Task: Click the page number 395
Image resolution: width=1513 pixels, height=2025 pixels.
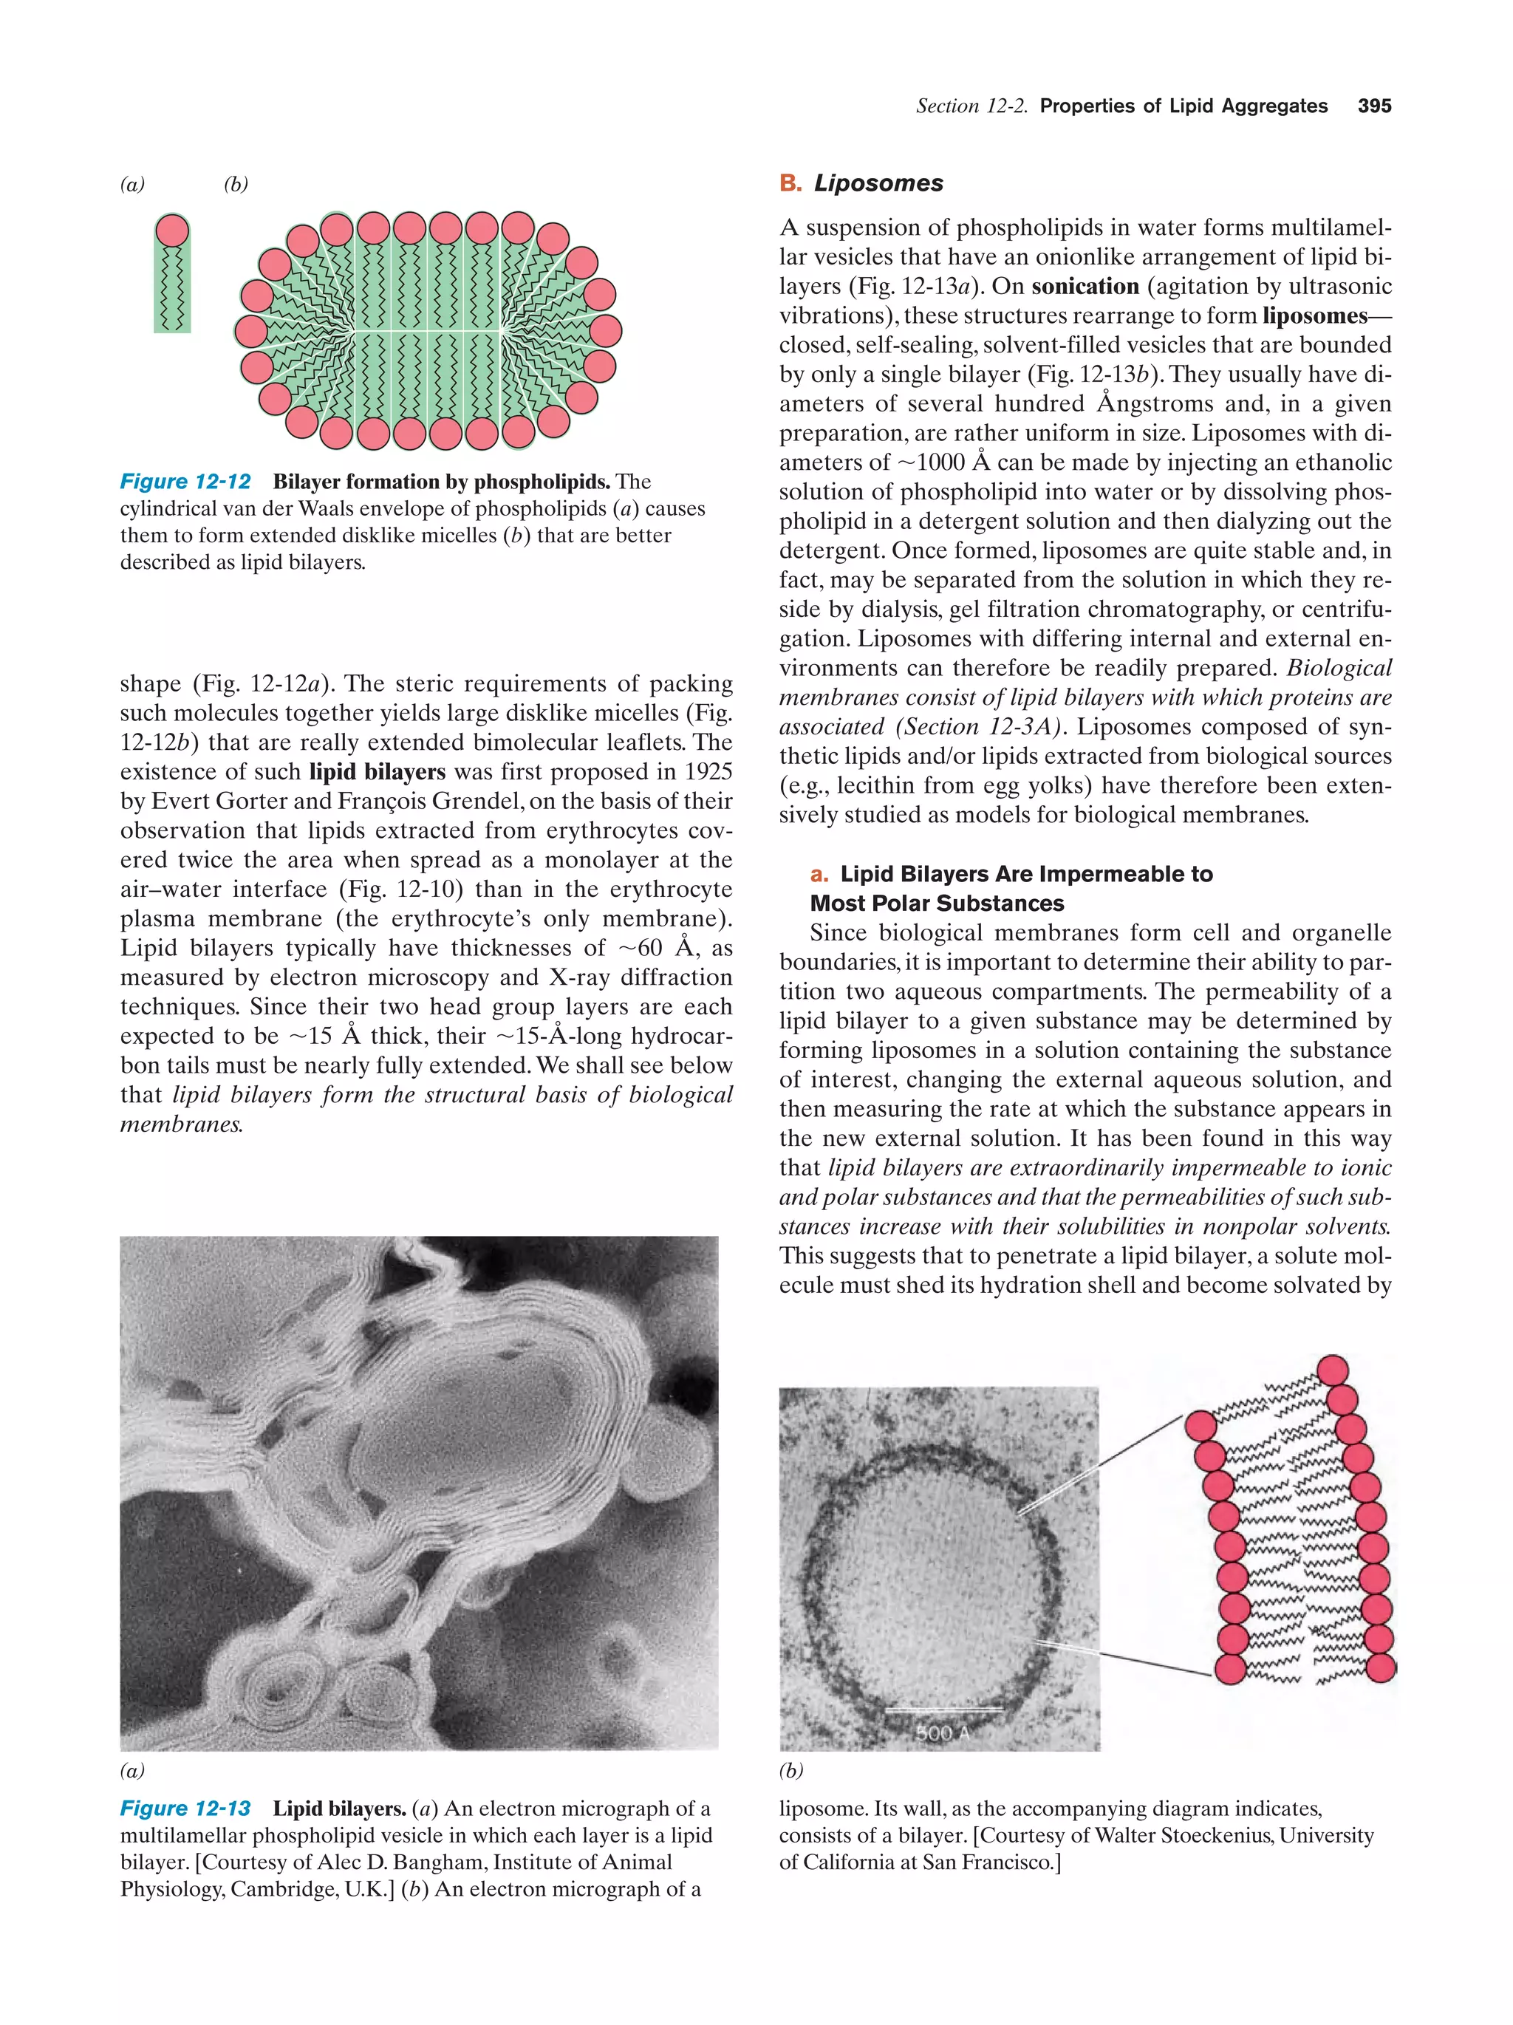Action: coord(1374,106)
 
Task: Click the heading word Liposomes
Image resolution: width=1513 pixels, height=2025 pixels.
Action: coord(878,183)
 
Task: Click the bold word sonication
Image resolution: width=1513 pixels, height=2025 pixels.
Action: coord(1085,287)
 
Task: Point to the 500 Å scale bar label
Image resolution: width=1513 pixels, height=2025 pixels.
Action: coord(942,1733)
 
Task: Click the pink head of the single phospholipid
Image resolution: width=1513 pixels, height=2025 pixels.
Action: coord(172,230)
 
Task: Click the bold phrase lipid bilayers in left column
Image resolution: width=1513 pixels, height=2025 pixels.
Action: coord(377,772)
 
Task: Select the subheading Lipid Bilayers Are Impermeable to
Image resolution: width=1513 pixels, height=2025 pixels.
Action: coord(1026,874)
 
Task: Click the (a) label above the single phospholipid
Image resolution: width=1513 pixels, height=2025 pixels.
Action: coord(133,184)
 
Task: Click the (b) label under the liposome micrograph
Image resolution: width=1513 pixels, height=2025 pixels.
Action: coord(790,1771)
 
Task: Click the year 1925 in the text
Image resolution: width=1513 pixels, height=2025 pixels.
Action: coord(700,772)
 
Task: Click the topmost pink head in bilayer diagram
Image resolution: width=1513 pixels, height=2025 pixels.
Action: coord(1333,1371)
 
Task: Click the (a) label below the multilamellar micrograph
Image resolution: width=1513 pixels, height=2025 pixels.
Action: coord(133,1771)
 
